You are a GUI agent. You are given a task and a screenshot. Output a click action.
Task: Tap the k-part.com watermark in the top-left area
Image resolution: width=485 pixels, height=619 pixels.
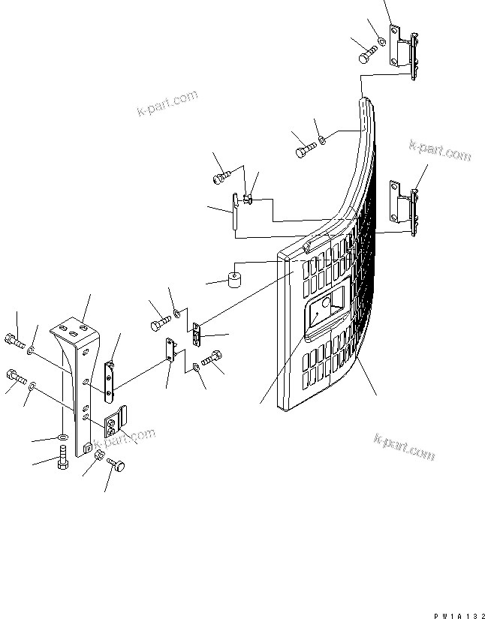click(x=167, y=104)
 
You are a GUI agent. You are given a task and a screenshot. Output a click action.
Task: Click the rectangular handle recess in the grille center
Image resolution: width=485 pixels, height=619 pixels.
click(x=325, y=311)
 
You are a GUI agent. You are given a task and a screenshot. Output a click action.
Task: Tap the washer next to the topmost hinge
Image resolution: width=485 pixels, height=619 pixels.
click(x=381, y=41)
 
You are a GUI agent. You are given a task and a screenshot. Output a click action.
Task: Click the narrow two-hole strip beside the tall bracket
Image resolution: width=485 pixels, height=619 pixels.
click(x=109, y=380)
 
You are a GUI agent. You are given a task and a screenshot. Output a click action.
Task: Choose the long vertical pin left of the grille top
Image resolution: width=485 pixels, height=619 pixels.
click(x=235, y=212)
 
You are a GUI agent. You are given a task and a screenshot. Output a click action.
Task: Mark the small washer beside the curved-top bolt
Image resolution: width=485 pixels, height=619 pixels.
click(x=321, y=138)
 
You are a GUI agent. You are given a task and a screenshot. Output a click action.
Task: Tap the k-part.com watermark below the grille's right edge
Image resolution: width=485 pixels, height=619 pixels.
click(x=404, y=449)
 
